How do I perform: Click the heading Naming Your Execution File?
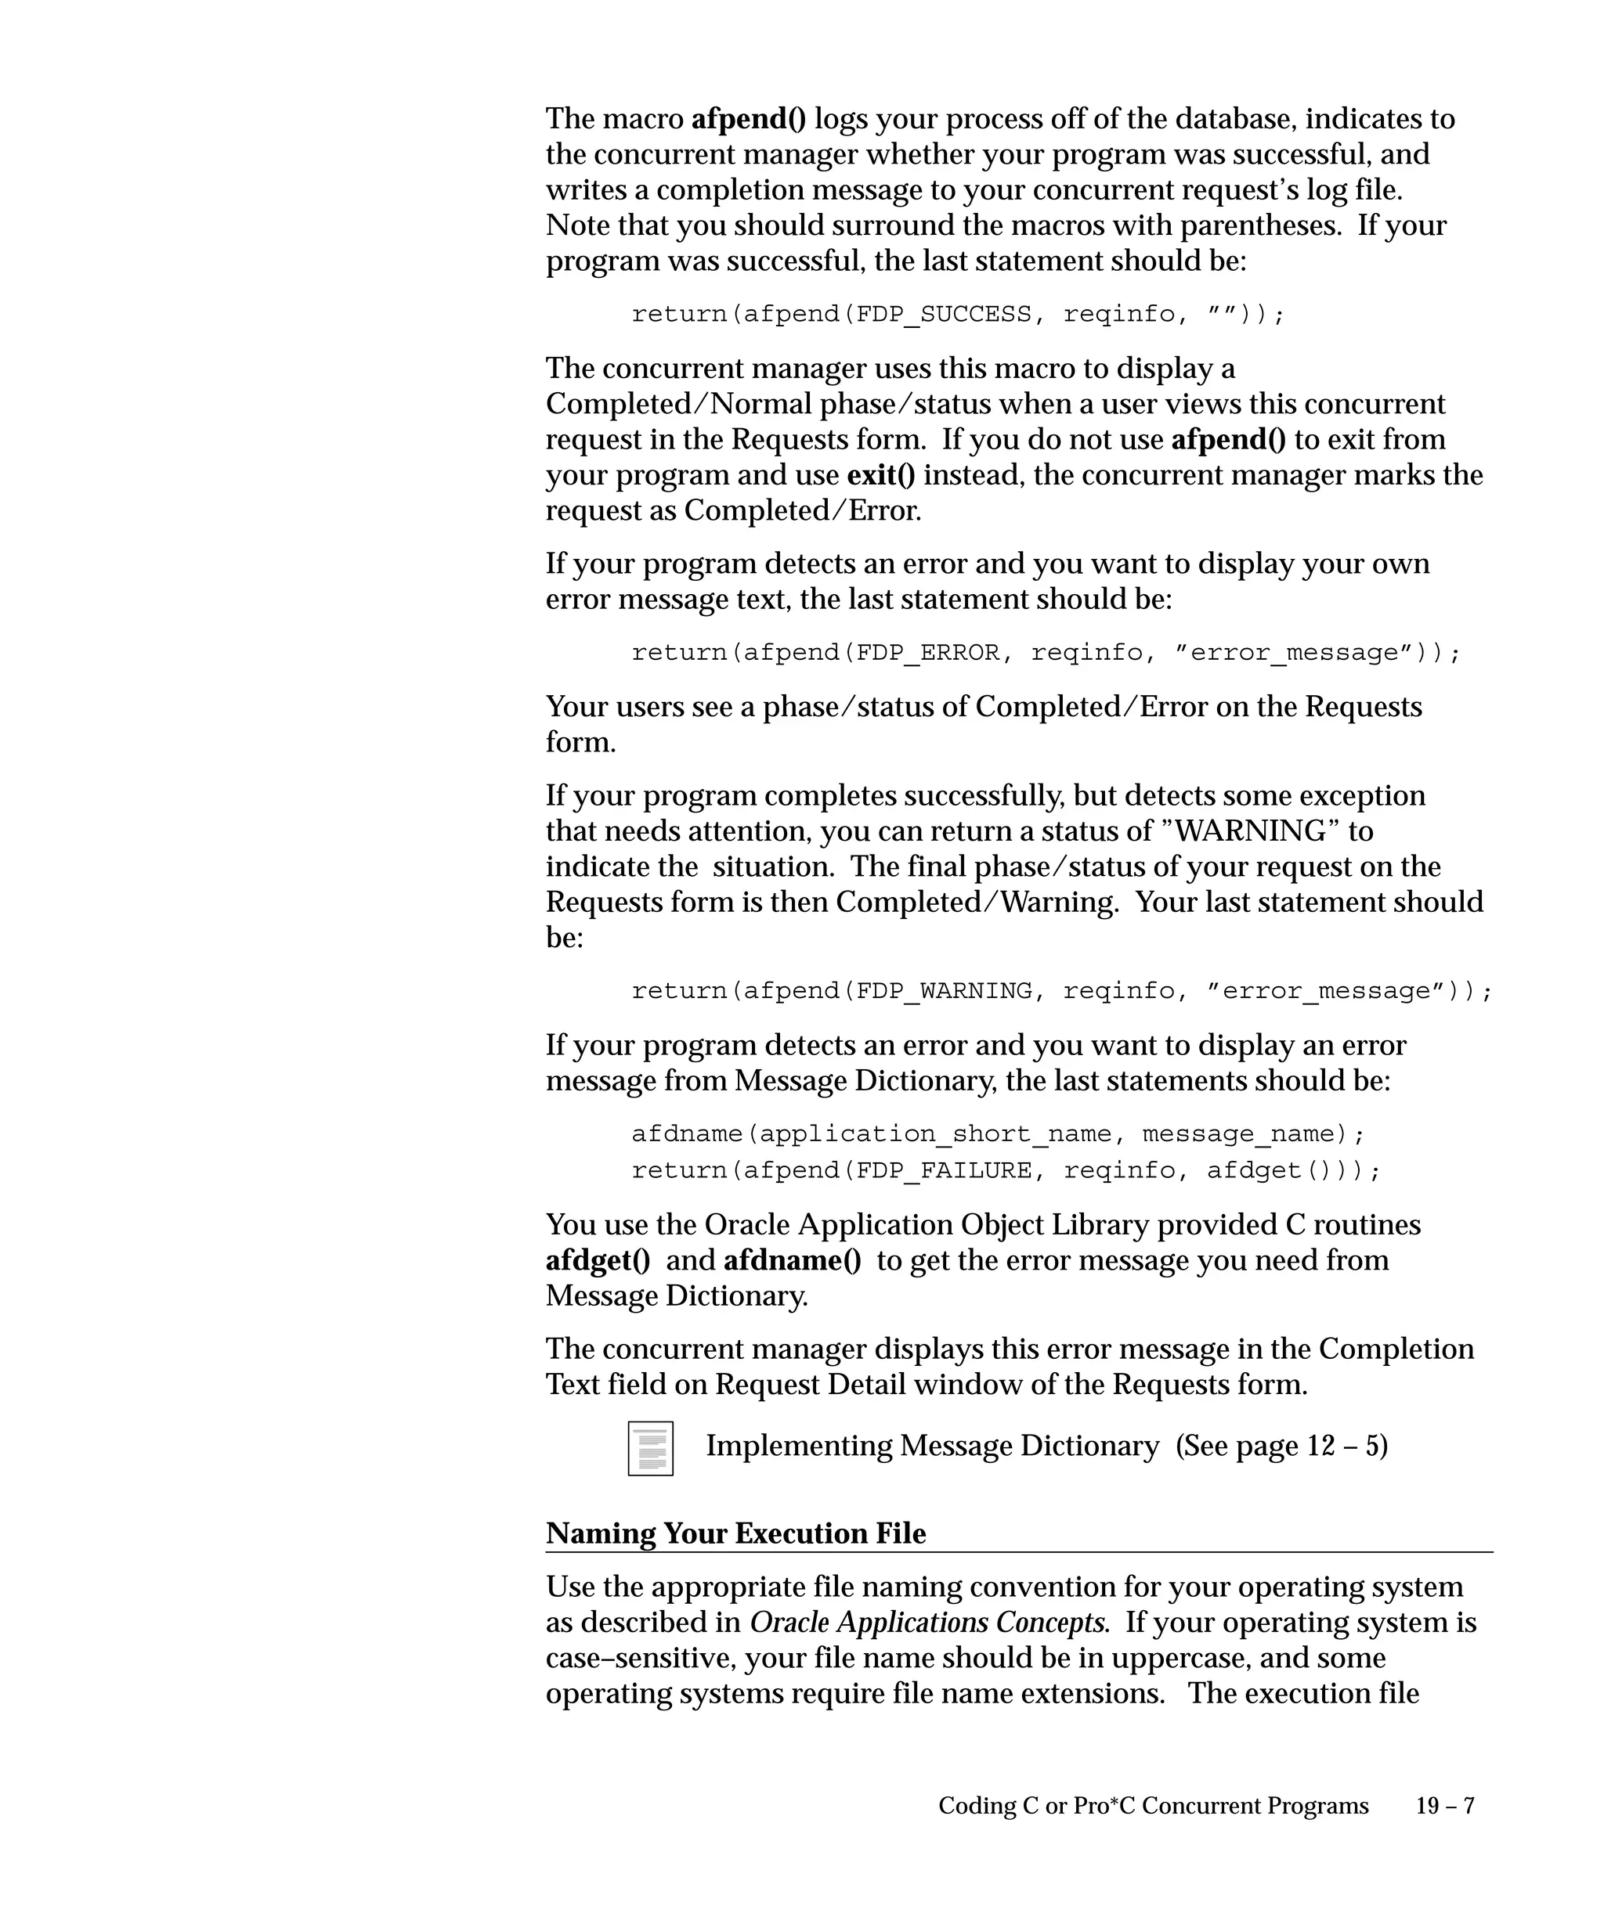coord(735,1533)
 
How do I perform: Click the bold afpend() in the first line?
coord(748,118)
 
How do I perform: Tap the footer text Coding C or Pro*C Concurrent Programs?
coord(1153,1805)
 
